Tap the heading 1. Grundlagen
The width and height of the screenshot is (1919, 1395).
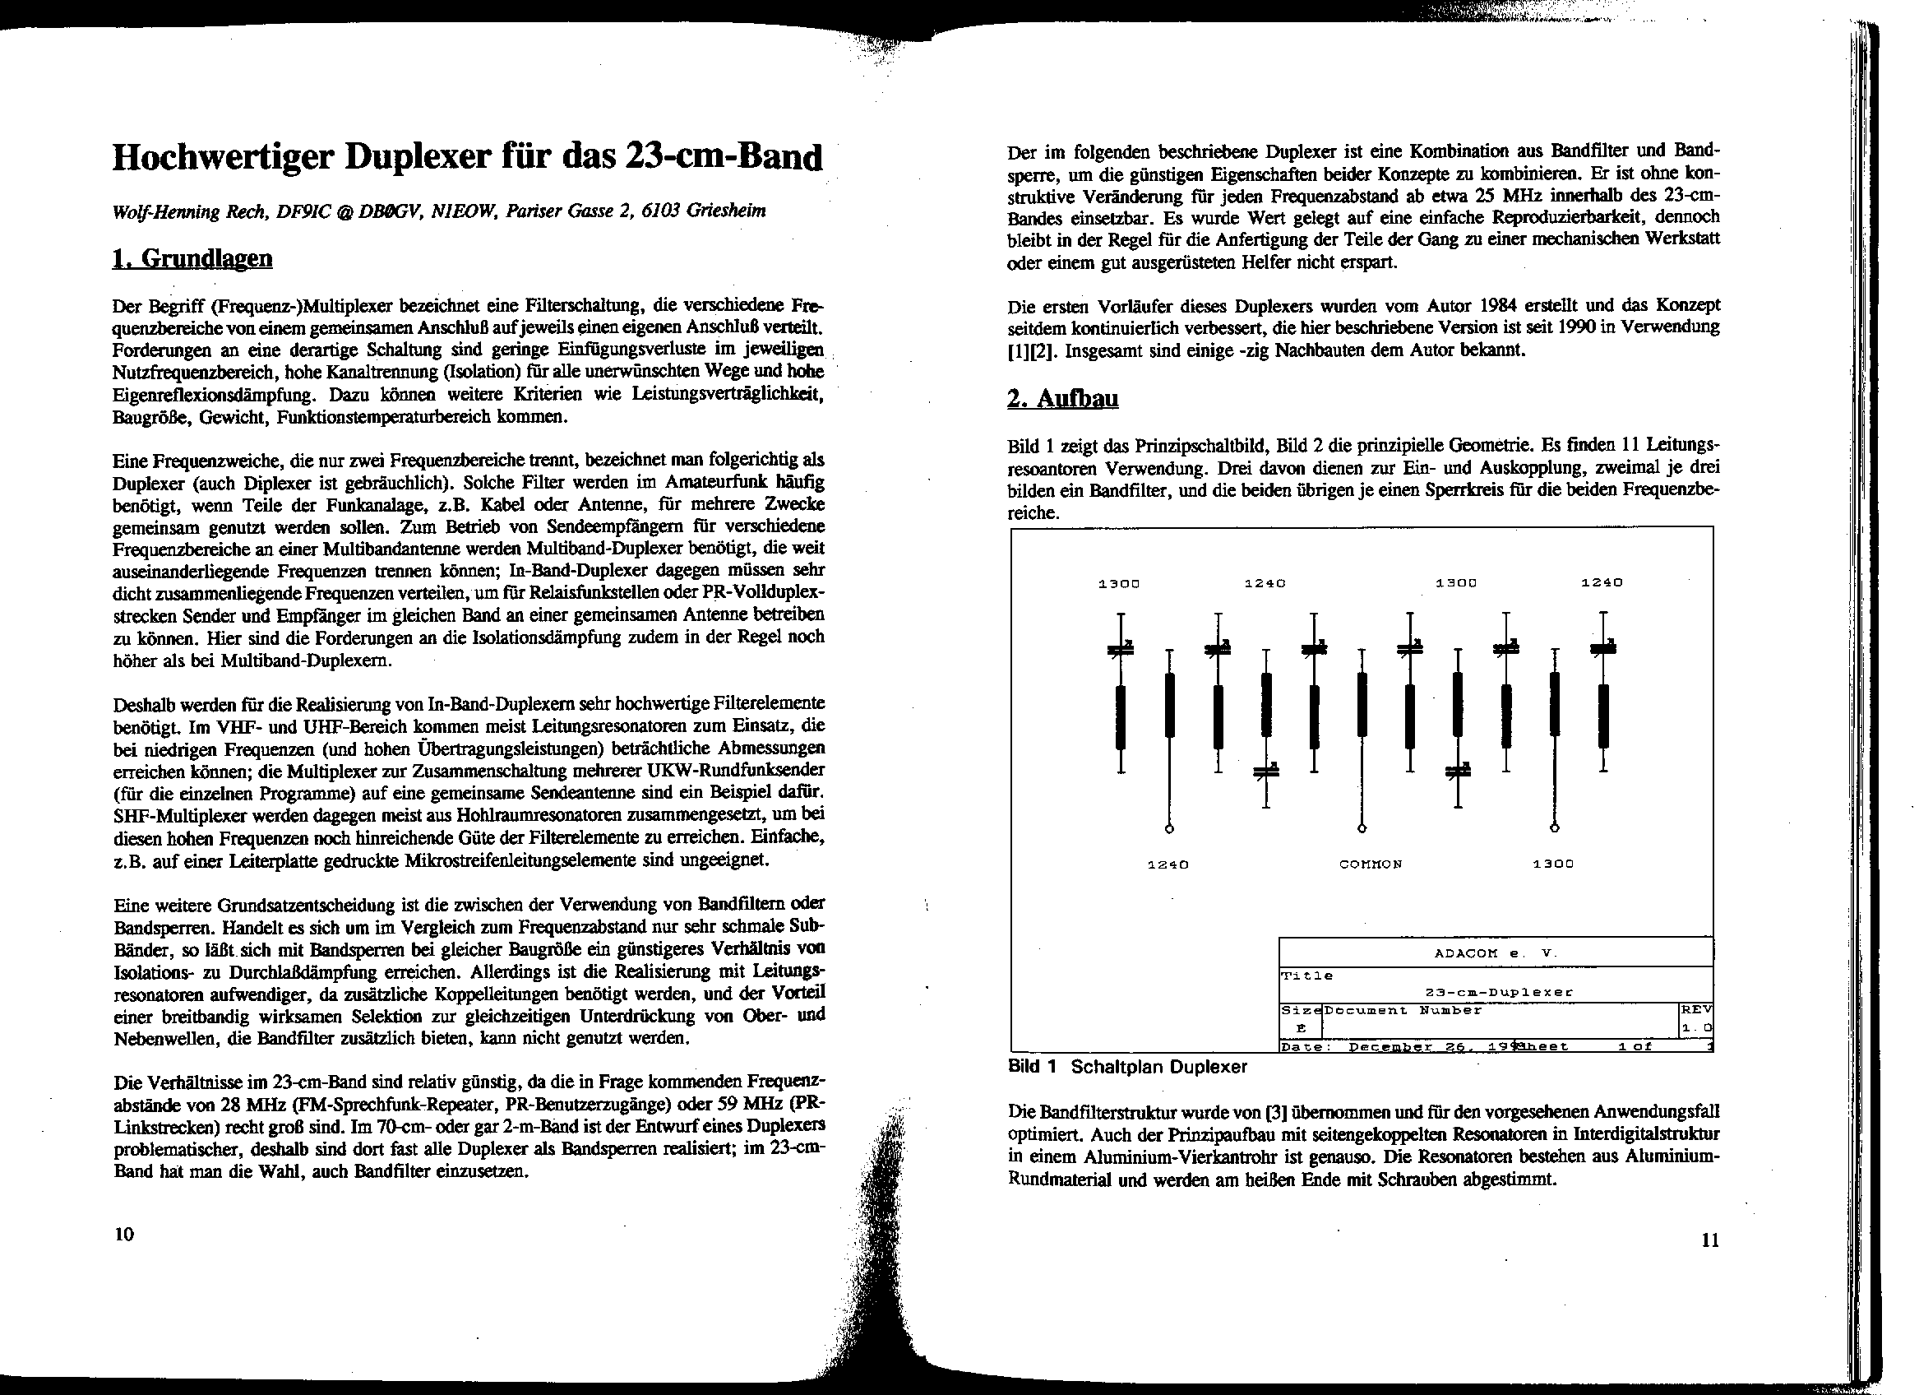pos(193,258)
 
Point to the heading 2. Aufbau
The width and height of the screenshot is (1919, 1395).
pos(1063,398)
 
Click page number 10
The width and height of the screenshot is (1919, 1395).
pos(123,1234)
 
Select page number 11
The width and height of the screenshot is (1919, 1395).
pos(1709,1241)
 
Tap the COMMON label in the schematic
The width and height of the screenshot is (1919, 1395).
pos(1371,864)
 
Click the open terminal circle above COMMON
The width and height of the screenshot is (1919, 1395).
pos(1362,827)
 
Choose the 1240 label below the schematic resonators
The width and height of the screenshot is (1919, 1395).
pos(1168,864)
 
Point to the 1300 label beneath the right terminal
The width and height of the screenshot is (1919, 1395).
pos(1553,864)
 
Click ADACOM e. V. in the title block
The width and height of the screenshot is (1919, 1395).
pos(1495,953)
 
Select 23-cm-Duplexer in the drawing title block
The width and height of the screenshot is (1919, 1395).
pos(1499,992)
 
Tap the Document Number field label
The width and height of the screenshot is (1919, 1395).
pos(1403,1011)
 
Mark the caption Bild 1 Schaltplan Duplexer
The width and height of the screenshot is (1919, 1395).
pos(1127,1067)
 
